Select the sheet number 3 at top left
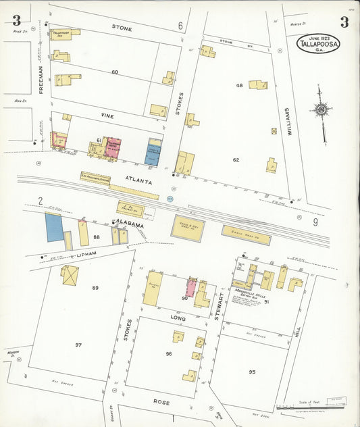(x=16, y=20)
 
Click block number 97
(x=78, y=345)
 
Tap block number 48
(x=239, y=86)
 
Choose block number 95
(x=252, y=372)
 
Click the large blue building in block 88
(x=54, y=228)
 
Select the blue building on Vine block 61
(x=153, y=152)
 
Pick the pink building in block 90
(x=191, y=288)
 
